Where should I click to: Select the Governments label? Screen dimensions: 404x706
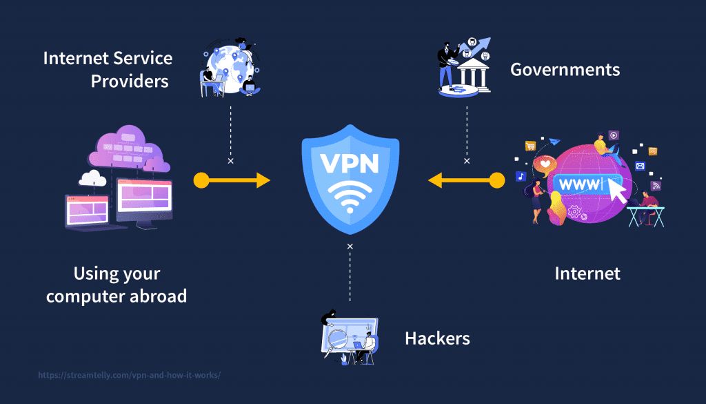[565, 70]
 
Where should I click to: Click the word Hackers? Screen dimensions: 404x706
[437, 338]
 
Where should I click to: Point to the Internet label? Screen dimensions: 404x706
[587, 273]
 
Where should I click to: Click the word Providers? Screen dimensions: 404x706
[130, 81]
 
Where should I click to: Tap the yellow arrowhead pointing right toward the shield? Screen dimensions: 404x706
[263, 181]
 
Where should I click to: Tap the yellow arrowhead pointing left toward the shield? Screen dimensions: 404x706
[436, 181]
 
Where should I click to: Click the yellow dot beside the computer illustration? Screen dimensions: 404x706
[201, 181]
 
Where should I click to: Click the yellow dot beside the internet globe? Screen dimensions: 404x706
[497, 181]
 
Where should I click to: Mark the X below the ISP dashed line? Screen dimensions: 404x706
[230, 161]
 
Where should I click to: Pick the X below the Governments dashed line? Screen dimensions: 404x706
[467, 161]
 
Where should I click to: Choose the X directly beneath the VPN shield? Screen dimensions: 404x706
[350, 247]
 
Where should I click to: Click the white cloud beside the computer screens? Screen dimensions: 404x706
[92, 178]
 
